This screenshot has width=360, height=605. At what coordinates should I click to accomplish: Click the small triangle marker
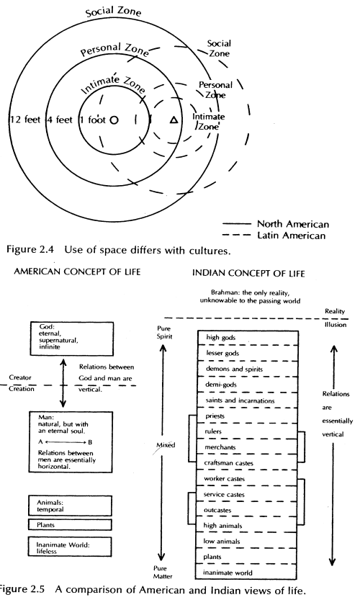(x=173, y=119)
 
